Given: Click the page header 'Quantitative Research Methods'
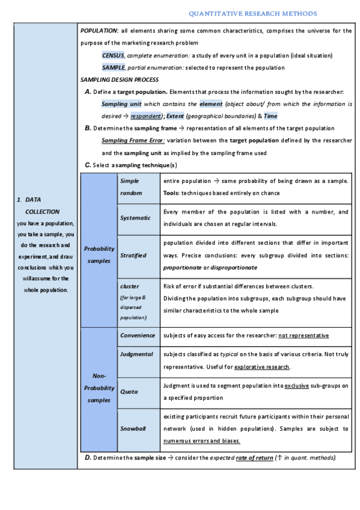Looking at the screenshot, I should click(x=252, y=13).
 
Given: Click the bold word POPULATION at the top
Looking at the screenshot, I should click(x=99, y=31).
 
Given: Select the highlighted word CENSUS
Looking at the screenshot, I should click(x=113, y=55).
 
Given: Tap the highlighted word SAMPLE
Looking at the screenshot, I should click(x=113, y=67).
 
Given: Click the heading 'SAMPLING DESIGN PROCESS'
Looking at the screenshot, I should click(x=119, y=79).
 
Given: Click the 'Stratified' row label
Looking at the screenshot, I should click(x=133, y=255).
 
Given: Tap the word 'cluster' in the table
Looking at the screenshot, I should click(x=130, y=286).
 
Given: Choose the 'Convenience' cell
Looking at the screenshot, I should click(x=137, y=335).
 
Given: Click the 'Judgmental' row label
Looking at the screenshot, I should click(x=136, y=355).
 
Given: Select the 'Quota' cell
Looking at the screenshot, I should click(x=129, y=392).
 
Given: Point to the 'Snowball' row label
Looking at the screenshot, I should click(x=133, y=428).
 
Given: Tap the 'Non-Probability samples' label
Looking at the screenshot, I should click(x=98, y=387).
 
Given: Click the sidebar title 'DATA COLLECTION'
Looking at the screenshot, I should click(x=42, y=205).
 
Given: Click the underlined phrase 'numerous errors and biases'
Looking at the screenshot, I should click(x=201, y=440).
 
